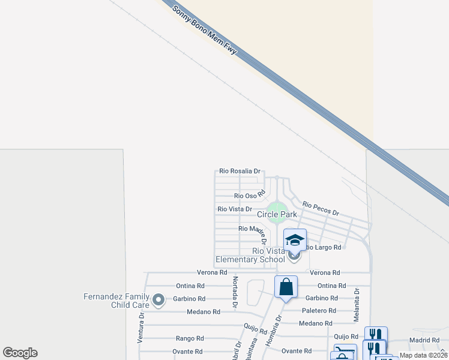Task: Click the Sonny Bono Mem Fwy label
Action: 205,31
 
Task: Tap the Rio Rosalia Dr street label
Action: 240,171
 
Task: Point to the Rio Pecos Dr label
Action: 321,209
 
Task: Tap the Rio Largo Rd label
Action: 324,247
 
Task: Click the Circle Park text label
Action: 277,214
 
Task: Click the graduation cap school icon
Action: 295,239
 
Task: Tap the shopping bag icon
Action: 286,286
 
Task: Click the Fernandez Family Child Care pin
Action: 158,298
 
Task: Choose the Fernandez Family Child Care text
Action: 116,301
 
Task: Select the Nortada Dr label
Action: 235,288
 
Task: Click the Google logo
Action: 20,353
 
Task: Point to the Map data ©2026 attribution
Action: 423,355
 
